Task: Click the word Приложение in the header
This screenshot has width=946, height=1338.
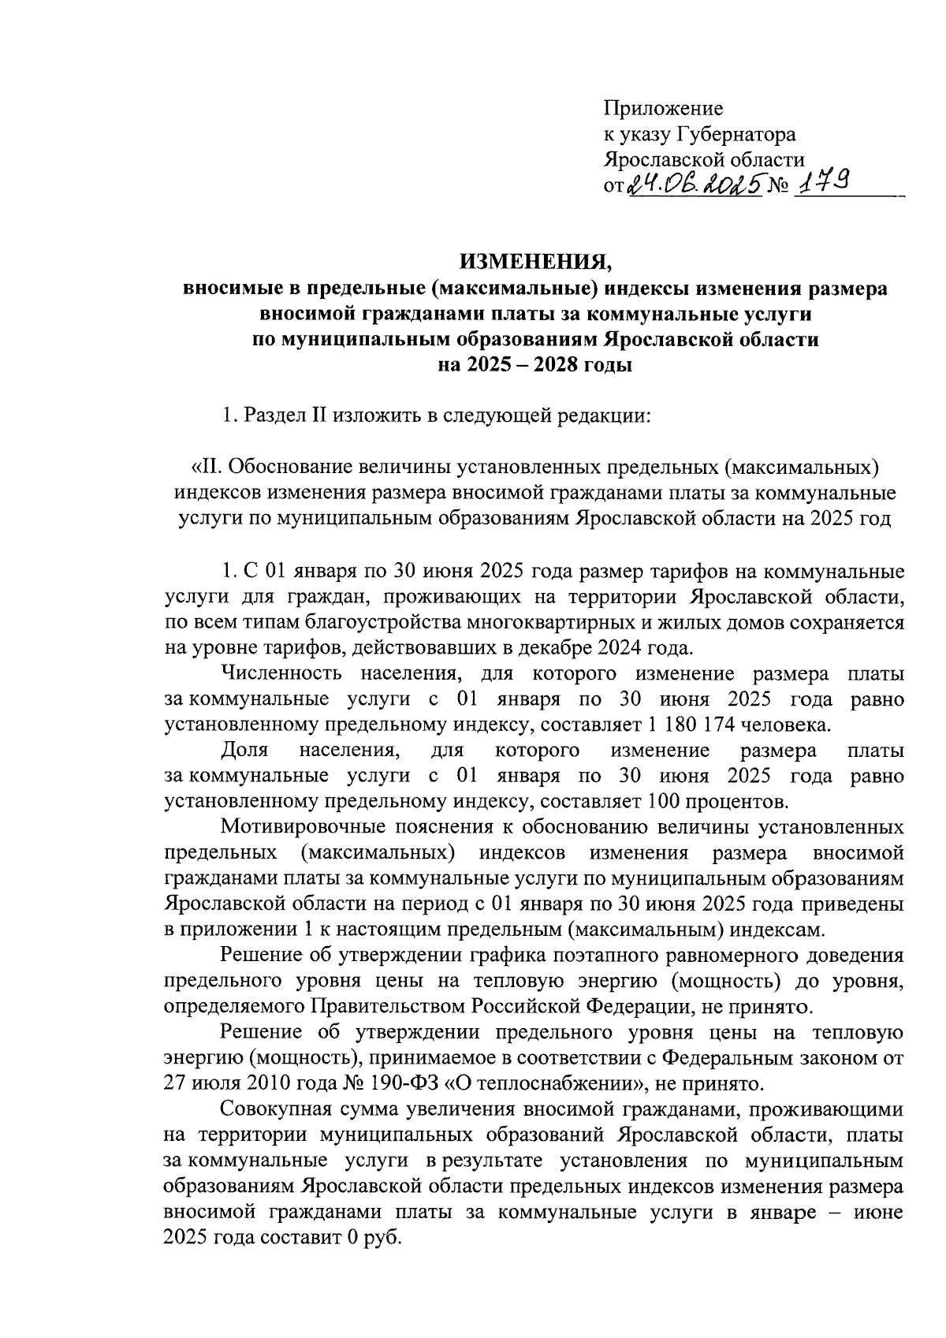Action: point(663,108)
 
